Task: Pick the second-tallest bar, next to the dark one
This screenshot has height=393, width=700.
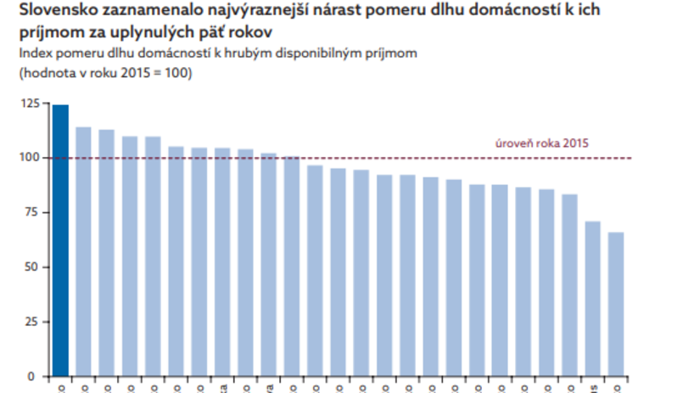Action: pyautogui.click(x=83, y=251)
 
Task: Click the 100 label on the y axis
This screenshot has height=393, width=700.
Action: pyautogui.click(x=31, y=158)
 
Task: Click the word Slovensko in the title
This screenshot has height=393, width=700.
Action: pyautogui.click(x=53, y=13)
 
